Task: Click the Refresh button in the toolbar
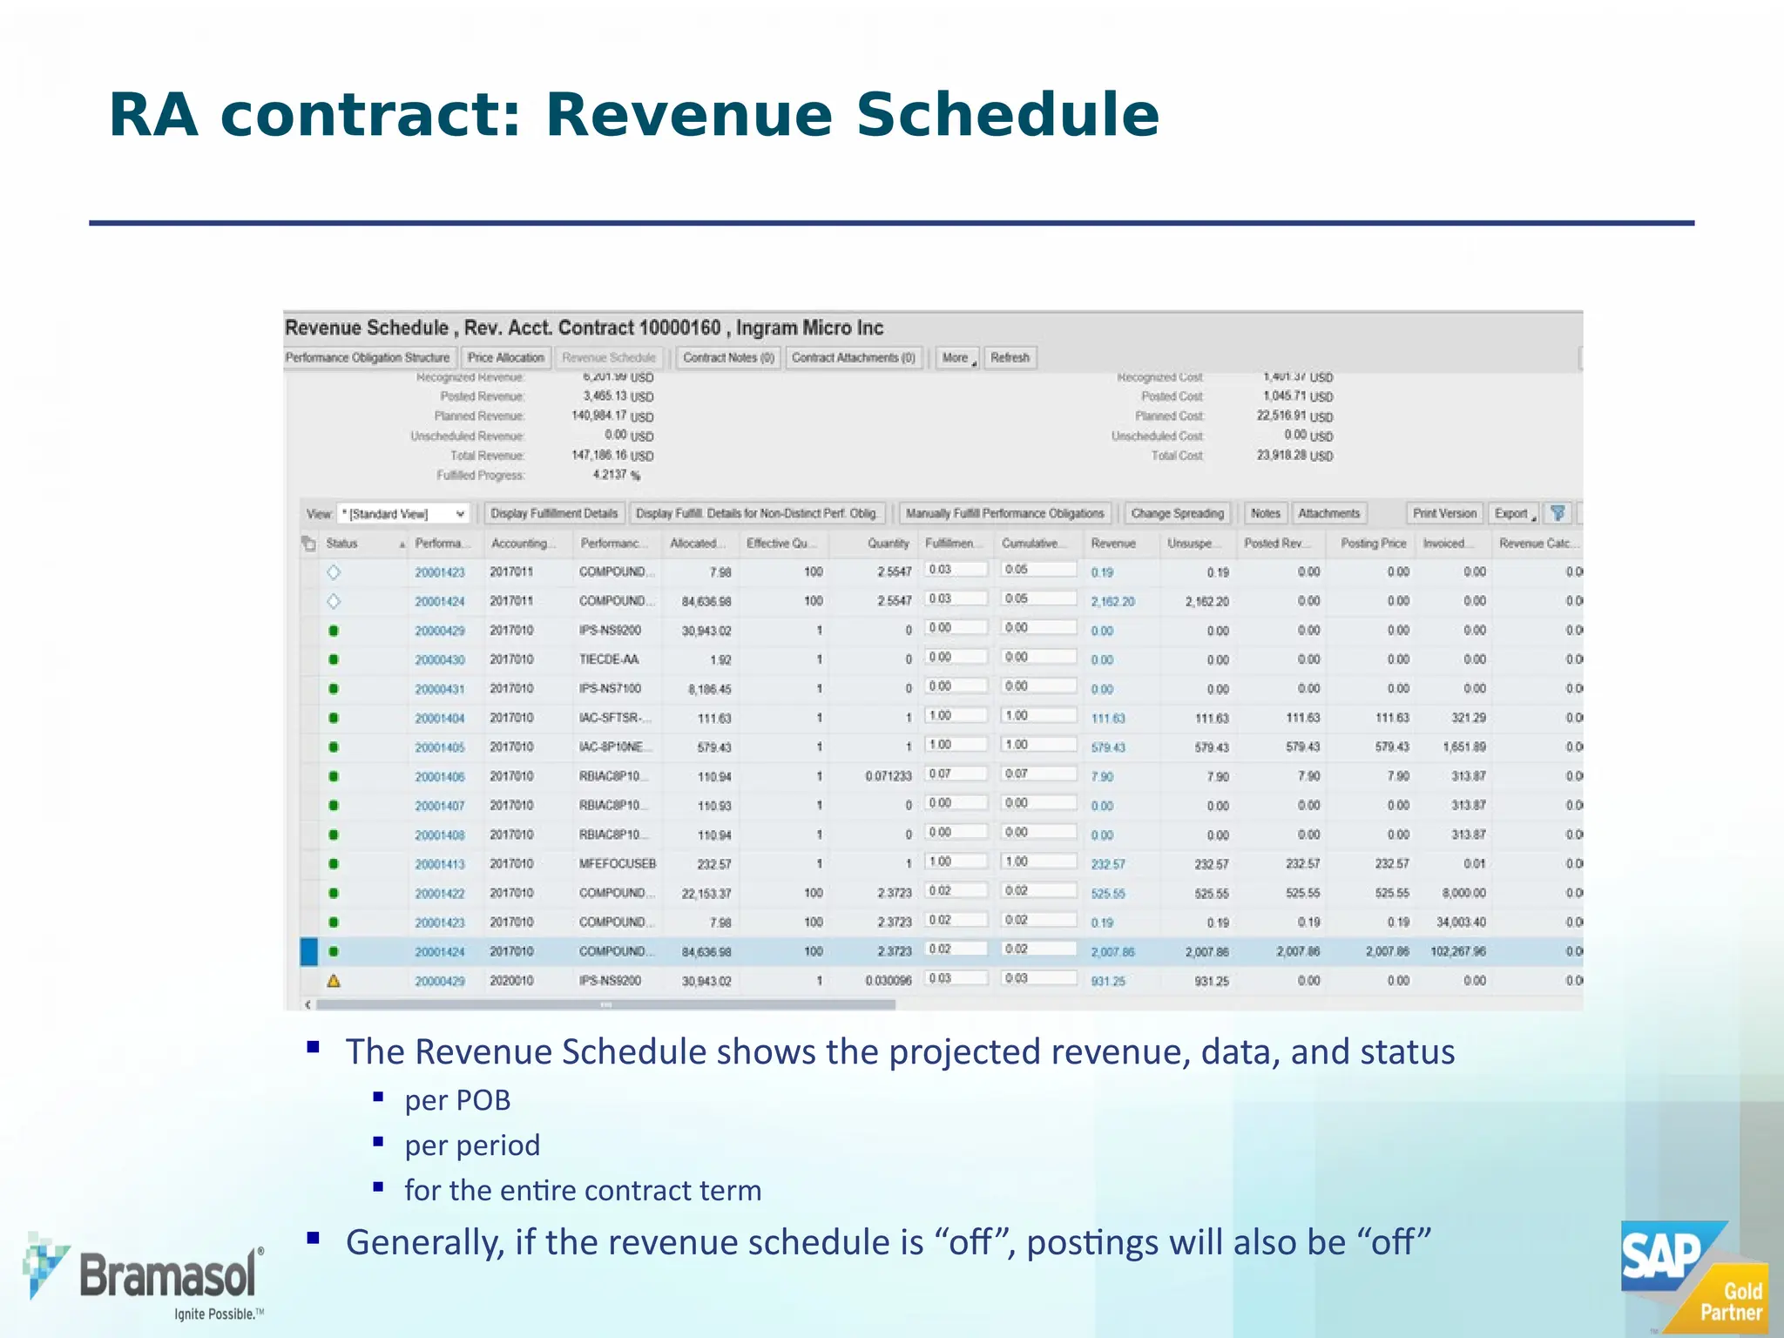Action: (x=1010, y=358)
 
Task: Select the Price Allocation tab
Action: (x=505, y=358)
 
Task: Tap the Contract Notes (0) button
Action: (x=728, y=358)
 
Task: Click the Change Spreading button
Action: (x=1177, y=514)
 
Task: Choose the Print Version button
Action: (x=1444, y=514)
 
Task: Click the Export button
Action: (x=1514, y=514)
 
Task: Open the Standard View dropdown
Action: (x=403, y=514)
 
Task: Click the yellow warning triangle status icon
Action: (x=334, y=981)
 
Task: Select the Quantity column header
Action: (x=888, y=544)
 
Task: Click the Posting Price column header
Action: (x=1373, y=544)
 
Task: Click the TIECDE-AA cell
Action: (x=609, y=659)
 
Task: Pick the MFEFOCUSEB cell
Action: (x=617, y=864)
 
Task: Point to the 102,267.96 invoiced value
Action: (x=1457, y=951)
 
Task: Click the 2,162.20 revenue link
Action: (x=1112, y=602)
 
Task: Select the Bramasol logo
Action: (x=145, y=1277)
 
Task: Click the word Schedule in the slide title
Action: (x=1007, y=115)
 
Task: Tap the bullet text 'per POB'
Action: (x=457, y=1100)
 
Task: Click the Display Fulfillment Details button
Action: (x=554, y=514)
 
